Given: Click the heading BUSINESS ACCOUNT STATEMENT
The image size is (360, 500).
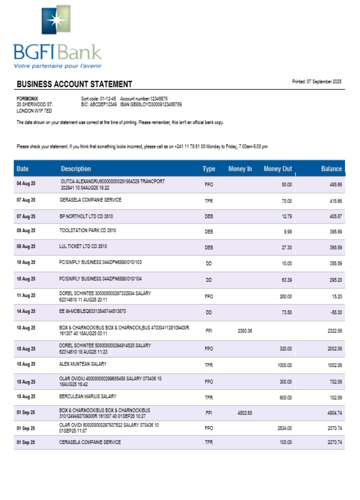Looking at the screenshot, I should pyautogui.click(x=74, y=84).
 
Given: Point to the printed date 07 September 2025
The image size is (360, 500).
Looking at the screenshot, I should pyautogui.click(x=316, y=81).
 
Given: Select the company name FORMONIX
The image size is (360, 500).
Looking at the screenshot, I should pyautogui.click(x=27, y=98).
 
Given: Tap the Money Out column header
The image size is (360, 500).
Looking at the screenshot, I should pyautogui.click(x=277, y=169).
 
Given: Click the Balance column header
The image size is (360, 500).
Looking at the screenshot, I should pyautogui.click(x=331, y=169).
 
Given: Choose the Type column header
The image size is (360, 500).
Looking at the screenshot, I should pyautogui.click(x=209, y=169).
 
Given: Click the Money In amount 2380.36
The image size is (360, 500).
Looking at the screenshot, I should pyautogui.click(x=245, y=331).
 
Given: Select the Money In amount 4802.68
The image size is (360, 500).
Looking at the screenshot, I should pyautogui.click(x=245, y=413).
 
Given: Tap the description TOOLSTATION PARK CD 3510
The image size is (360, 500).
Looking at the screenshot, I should pyautogui.click(x=87, y=230).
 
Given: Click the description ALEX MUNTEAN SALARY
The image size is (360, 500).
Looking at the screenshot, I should pyautogui.click(x=83, y=364).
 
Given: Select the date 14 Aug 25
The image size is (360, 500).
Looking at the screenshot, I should pyautogui.click(x=26, y=311).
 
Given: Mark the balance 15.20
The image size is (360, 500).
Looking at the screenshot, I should pyautogui.click(x=336, y=296).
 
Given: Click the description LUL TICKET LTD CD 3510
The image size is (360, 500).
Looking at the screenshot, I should pyautogui.click(x=83, y=246).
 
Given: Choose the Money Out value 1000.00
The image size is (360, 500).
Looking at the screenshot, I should pyautogui.click(x=284, y=365).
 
